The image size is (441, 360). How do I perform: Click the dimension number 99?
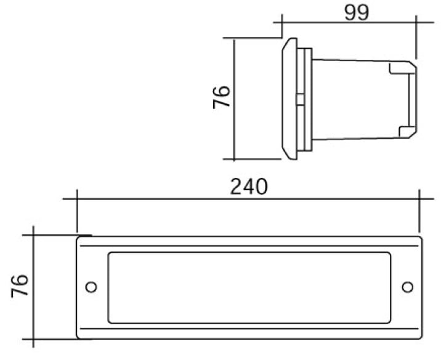pyautogui.click(x=357, y=13)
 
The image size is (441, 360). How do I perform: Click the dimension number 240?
pyautogui.click(x=249, y=186)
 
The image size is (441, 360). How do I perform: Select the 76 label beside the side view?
pyautogui.click(x=222, y=97)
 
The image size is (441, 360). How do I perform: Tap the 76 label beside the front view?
pyautogui.click(x=20, y=286)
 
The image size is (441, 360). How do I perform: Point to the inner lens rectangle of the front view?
pyautogui.click(x=249, y=252)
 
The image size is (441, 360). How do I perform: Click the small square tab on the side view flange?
pyautogui.click(x=301, y=100)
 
